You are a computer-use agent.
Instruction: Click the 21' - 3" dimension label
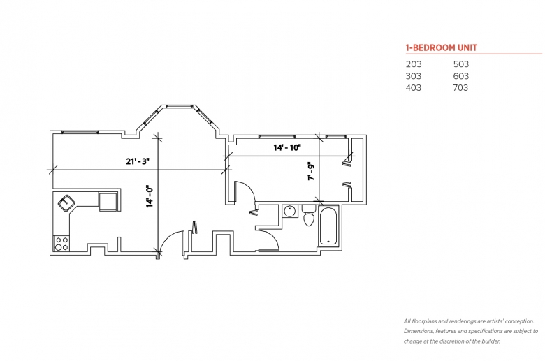click(x=138, y=161)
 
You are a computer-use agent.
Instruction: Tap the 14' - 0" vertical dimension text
click(x=149, y=196)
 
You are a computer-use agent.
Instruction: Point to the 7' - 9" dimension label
click(x=312, y=172)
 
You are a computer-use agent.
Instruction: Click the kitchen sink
click(x=68, y=203)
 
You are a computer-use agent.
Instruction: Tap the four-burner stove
click(x=61, y=244)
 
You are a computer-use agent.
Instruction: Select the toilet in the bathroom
click(x=308, y=216)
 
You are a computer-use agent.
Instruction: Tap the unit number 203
click(x=413, y=64)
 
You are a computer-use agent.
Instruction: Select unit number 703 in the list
click(x=460, y=88)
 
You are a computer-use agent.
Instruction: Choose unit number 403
click(x=413, y=88)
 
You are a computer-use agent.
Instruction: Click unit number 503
click(x=460, y=64)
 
